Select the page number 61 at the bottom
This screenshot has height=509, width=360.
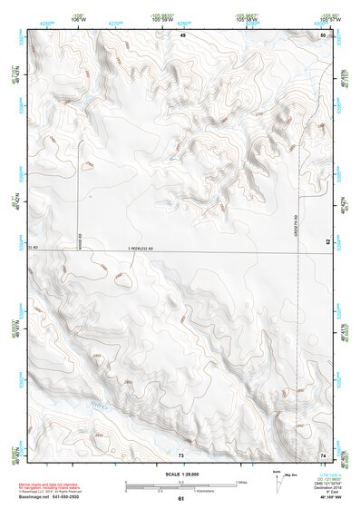coord(181,499)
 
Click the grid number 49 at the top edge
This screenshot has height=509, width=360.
coord(182,34)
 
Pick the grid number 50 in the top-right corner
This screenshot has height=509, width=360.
coord(323,34)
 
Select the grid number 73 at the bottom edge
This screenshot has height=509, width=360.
coord(181,453)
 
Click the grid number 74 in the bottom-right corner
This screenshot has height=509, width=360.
coord(323,453)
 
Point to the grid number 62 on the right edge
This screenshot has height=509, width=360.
coord(328,217)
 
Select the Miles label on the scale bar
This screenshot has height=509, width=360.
coord(240,483)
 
